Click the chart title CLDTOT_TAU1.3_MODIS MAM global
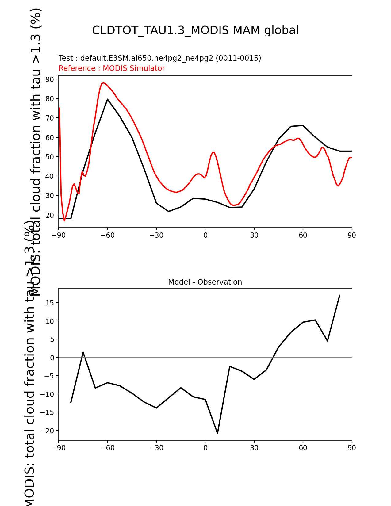pyautogui.click(x=195, y=30)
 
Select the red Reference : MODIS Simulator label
pyautogui.click(x=112, y=68)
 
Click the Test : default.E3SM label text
pyautogui.click(x=160, y=58)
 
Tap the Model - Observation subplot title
pyautogui.click(x=205, y=282)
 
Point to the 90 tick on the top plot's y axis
pyautogui.click(x=50, y=79)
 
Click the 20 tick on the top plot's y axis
pyautogui.click(x=50, y=215)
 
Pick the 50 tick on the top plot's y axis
pyautogui.click(x=50, y=157)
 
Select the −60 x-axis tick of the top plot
pyautogui.click(x=107, y=235)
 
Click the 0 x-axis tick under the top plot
pyautogui.click(x=205, y=235)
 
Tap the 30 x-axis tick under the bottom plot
pyautogui.click(x=254, y=448)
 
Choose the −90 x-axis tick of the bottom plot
pyautogui.click(x=58, y=448)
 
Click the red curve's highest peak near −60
pyautogui.click(x=103, y=83)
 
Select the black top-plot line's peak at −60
pyautogui.click(x=108, y=99)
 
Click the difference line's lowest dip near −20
pyautogui.click(x=217, y=433)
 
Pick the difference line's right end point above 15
pyautogui.click(x=339, y=295)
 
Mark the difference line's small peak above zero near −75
pyautogui.click(x=83, y=352)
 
